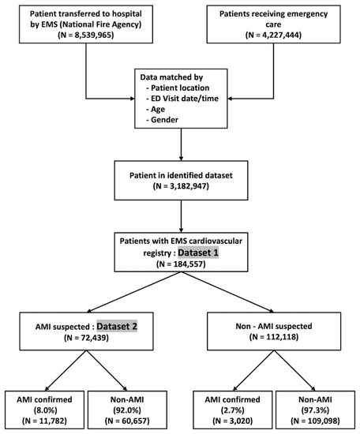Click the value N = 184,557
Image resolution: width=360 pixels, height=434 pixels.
(181, 266)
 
